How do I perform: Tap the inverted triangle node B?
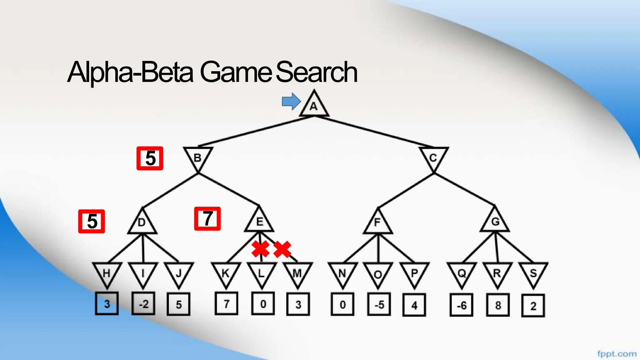(x=198, y=157)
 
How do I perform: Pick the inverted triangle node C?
(x=433, y=157)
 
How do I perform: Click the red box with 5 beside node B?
(x=150, y=158)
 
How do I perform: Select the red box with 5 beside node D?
(x=92, y=221)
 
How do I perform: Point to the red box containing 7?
(x=207, y=219)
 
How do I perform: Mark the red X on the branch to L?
(x=260, y=249)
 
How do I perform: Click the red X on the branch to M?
(x=282, y=249)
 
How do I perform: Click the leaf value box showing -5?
(x=379, y=305)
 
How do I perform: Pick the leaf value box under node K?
(x=227, y=303)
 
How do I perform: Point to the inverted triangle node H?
(x=107, y=273)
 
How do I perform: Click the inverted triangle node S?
(x=533, y=273)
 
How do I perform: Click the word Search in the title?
(x=316, y=72)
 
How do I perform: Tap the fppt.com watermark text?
(x=617, y=354)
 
